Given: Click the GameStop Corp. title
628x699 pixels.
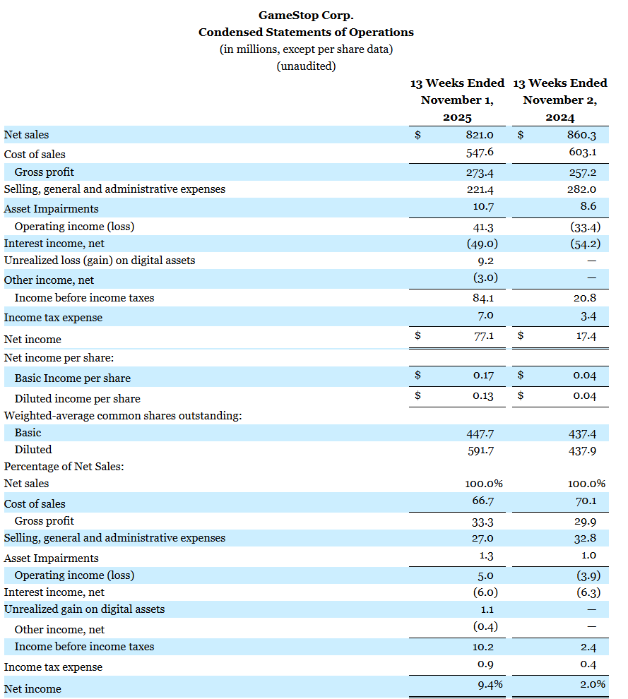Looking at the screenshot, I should coord(306,15).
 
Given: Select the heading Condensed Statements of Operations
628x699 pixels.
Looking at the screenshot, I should coord(306,32).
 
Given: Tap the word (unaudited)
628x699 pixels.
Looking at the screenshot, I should coord(306,66).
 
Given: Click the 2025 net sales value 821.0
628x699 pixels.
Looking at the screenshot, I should coord(480,135).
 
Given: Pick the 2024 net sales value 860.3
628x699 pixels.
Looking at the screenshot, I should coord(583,135).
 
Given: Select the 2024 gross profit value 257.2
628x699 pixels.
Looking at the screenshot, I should coord(583,172).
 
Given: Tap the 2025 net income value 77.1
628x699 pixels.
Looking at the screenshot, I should coord(483,337).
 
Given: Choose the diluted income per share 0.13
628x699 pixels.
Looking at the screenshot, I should coord(483,395).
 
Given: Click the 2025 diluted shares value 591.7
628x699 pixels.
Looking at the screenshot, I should coord(480,450).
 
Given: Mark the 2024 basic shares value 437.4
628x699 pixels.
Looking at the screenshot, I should coord(583,433).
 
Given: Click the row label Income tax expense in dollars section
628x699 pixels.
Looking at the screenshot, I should coord(53,318).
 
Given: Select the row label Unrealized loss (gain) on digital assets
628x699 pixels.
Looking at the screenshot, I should coord(100,261).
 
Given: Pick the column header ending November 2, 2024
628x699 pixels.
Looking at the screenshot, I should coord(559,100).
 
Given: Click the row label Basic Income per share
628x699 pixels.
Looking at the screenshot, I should coord(72,378).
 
